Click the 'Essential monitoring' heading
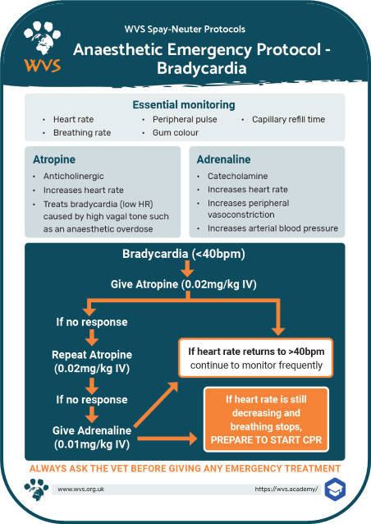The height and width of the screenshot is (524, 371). coord(185,105)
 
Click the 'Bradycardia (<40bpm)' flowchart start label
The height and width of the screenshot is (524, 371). coord(185,255)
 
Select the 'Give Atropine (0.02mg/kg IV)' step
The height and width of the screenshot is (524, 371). coord(185,285)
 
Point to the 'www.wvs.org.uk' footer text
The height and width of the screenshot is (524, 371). coord(80,489)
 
